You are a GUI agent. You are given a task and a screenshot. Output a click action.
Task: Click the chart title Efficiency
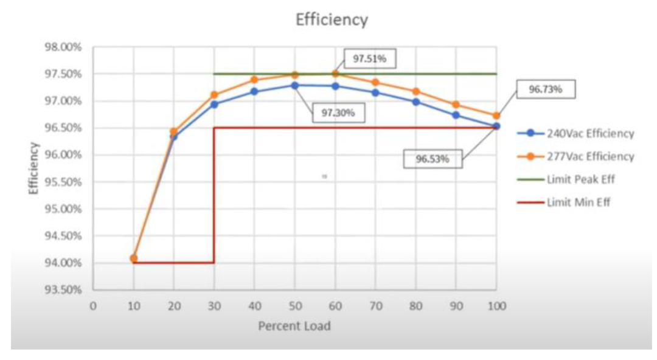pos(332,20)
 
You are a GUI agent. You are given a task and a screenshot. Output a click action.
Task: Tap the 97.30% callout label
pos(338,112)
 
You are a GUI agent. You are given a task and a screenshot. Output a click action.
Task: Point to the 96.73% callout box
pos(545,89)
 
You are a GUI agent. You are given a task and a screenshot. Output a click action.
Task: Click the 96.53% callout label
pos(433,159)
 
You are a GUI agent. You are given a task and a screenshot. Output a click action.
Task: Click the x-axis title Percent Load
pos(294,326)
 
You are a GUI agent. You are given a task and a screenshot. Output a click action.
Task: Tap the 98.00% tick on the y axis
pos(62,47)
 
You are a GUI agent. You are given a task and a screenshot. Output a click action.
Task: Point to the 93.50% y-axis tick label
pos(62,290)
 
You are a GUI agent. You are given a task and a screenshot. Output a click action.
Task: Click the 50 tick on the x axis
pos(294,306)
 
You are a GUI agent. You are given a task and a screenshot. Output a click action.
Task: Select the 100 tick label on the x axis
pos(496,306)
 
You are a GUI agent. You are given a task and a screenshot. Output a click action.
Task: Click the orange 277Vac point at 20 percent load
pos(174,131)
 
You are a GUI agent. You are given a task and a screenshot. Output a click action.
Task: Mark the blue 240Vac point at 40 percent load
pos(254,92)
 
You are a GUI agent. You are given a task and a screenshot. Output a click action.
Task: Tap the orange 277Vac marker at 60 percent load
pos(335,74)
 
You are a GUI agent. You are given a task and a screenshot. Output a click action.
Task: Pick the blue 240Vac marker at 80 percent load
pos(416,102)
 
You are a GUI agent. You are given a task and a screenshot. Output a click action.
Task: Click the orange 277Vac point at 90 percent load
pos(456,105)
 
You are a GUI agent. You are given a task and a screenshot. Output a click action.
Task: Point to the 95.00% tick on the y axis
pos(62,209)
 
